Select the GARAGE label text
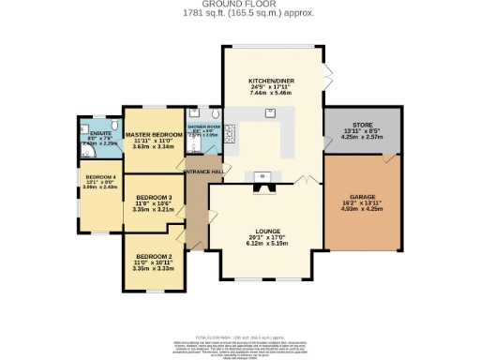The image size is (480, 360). coord(361,195)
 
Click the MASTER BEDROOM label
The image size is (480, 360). coord(153,135)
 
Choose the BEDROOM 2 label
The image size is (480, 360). coord(153,256)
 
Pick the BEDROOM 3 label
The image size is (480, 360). coord(153,197)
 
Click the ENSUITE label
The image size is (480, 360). coord(101,134)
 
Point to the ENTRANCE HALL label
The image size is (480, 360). coord(202,172)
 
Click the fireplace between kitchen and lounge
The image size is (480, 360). coord(262,186)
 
